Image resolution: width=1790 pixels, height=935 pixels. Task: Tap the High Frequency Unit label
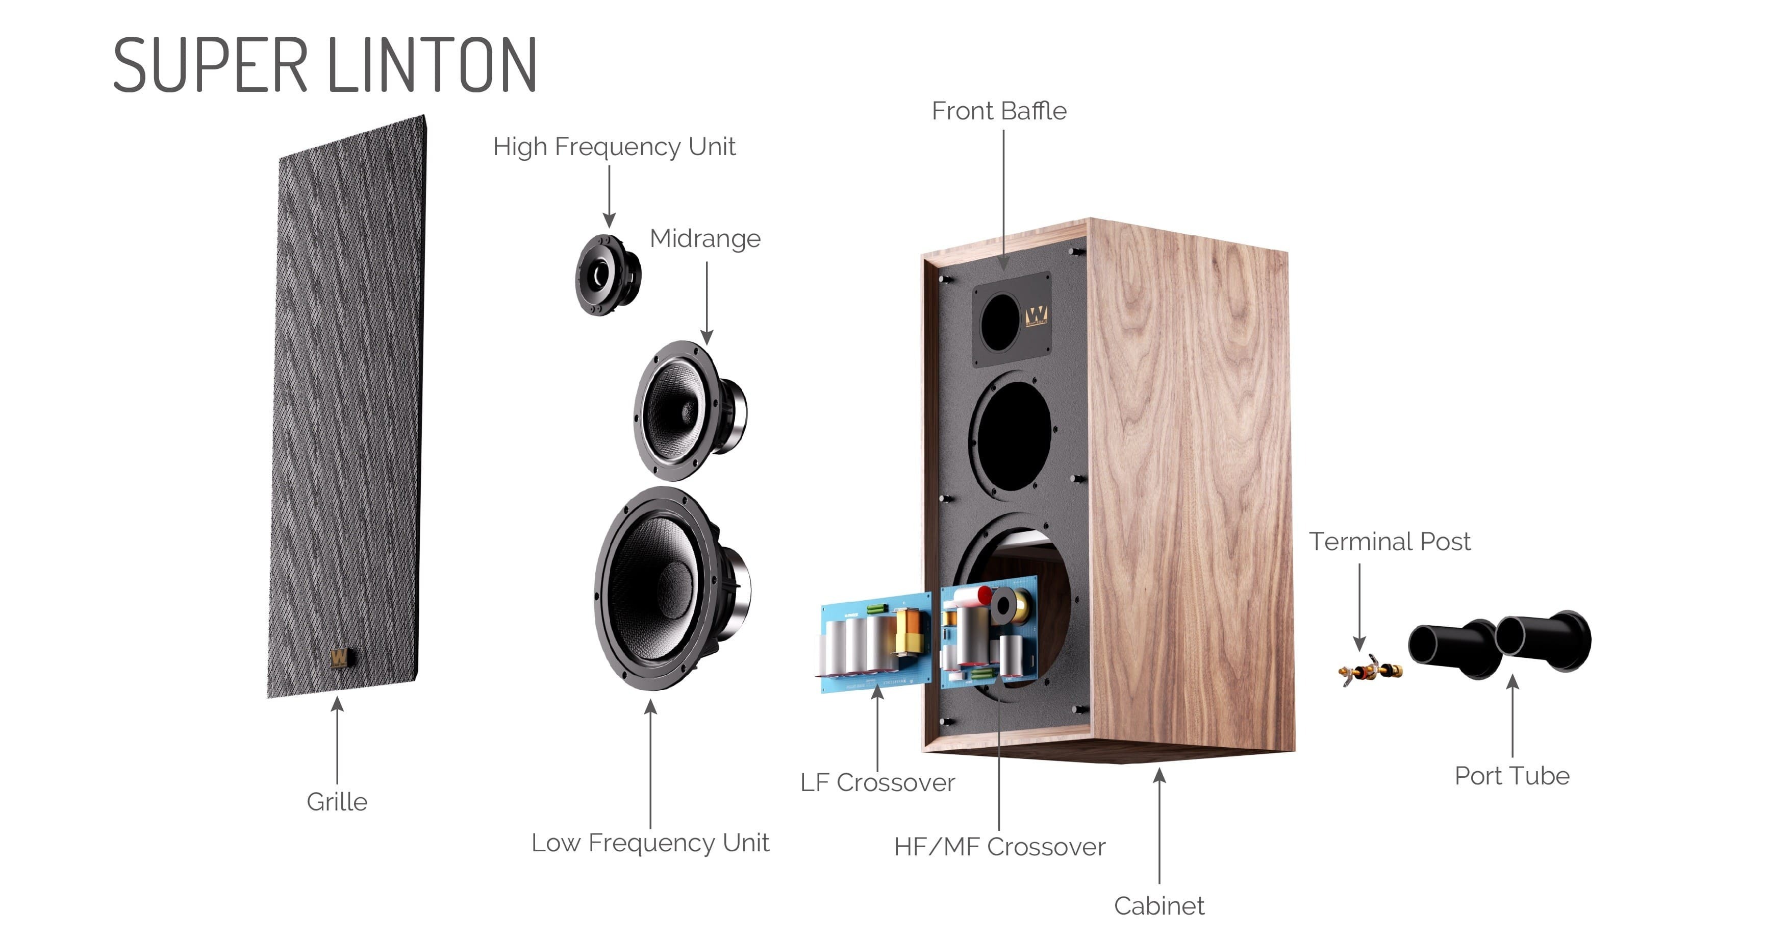(x=614, y=146)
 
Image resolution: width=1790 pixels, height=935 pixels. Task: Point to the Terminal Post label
(x=1390, y=541)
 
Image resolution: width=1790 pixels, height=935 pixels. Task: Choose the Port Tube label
(x=1512, y=775)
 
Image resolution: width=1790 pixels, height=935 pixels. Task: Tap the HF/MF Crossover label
(x=999, y=847)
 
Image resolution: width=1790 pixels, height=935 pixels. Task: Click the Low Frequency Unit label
(x=650, y=843)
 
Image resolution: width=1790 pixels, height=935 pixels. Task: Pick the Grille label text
(x=337, y=801)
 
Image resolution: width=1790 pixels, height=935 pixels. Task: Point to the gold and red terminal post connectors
(x=1370, y=670)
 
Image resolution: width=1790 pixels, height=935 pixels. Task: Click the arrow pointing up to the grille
(x=337, y=741)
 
